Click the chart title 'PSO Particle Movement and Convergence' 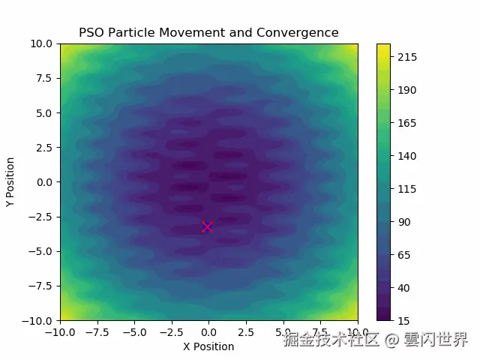tap(208, 32)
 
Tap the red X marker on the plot tap(207, 226)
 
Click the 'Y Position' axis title tap(10, 181)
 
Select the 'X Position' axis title tap(208, 346)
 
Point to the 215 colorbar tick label tap(407, 58)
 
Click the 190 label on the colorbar tap(407, 91)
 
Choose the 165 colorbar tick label tap(407, 123)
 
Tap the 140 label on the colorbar tap(407, 156)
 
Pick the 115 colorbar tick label tap(407, 189)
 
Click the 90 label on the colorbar tap(405, 222)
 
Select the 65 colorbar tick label tap(405, 255)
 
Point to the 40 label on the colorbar tap(405, 288)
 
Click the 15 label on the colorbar tap(405, 320)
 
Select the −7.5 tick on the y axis tap(40, 285)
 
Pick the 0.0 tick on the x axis tap(208, 331)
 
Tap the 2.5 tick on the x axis tap(246, 331)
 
